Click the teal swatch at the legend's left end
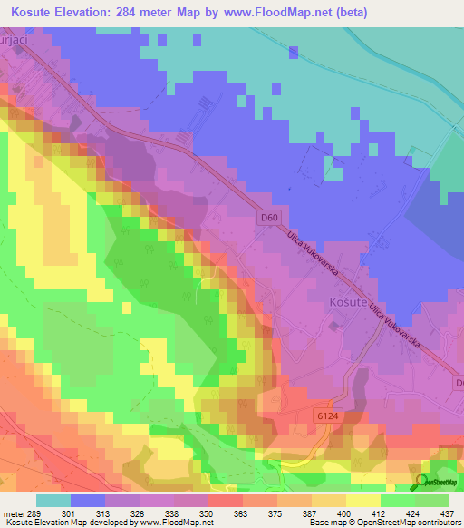coord(53,500)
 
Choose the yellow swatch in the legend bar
coord(362,500)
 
